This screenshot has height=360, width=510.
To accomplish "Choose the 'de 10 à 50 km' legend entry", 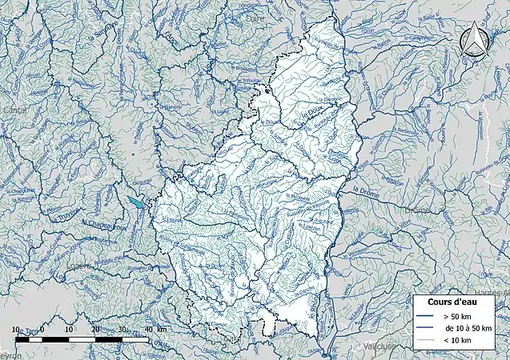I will pyautogui.click(x=464, y=329).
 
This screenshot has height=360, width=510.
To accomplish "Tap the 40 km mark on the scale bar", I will pyautogui.click(x=147, y=330).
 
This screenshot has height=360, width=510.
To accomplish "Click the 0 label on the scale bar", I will pyautogui.click(x=42, y=330).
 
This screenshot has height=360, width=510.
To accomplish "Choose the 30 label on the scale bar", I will pyautogui.click(x=121, y=330).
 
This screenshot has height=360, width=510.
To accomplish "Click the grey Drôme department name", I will pyautogui.click(x=418, y=212).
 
